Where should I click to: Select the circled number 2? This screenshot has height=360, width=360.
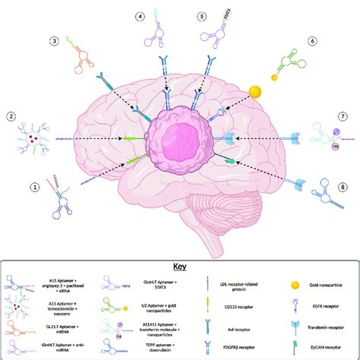[x=11, y=116]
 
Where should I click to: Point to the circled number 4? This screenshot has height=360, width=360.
[x=141, y=16]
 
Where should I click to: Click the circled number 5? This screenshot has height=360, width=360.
[x=201, y=16]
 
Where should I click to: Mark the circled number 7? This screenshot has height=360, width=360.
[x=343, y=116]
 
